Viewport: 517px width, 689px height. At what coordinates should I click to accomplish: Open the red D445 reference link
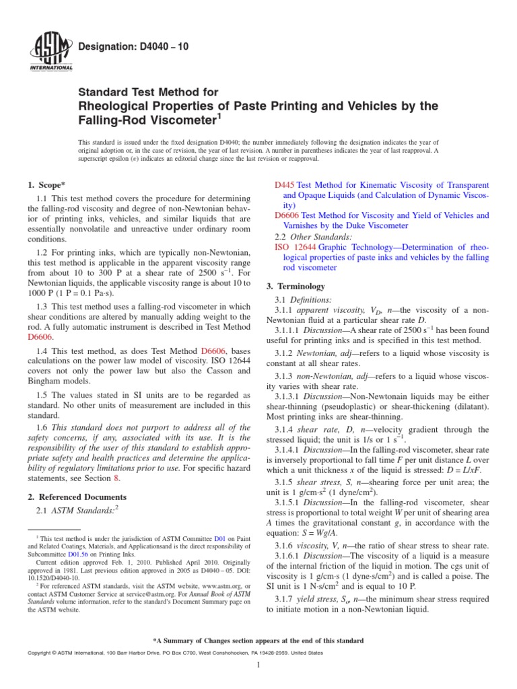click(285, 184)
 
